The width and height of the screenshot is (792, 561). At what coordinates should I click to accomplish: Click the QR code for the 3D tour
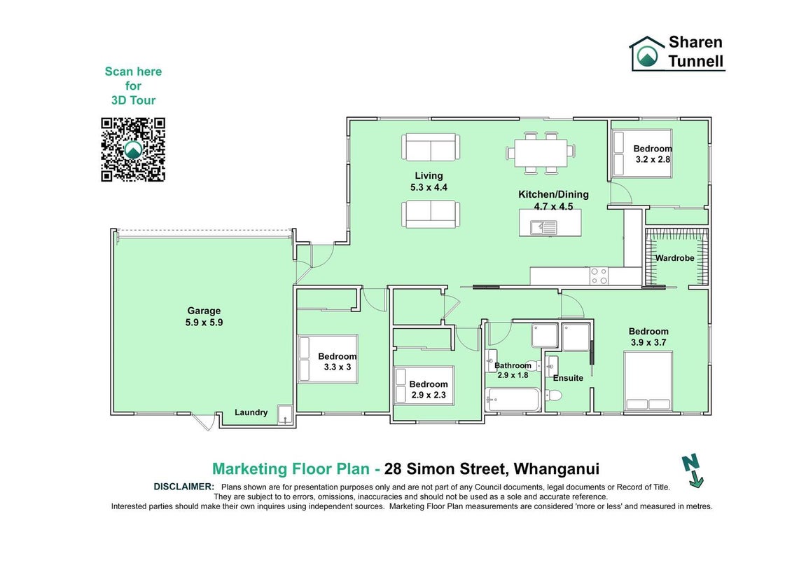click(x=133, y=149)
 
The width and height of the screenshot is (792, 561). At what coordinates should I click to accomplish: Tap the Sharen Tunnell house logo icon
click(x=646, y=53)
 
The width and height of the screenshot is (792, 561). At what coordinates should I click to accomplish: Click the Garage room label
click(x=204, y=311)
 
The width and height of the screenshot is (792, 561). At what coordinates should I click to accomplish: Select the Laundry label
click(x=251, y=412)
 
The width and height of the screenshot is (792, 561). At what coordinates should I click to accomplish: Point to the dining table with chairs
click(x=541, y=152)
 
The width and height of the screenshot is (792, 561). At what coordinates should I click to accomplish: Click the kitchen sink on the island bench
click(x=543, y=228)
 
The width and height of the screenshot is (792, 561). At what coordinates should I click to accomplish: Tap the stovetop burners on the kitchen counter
click(x=599, y=276)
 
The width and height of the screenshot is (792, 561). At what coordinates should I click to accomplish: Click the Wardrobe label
click(x=675, y=258)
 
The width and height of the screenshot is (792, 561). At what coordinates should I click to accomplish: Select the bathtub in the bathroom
click(x=513, y=400)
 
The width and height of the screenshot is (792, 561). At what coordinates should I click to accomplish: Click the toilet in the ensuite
click(x=554, y=395)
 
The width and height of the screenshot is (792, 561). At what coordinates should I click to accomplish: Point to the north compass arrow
click(x=693, y=471)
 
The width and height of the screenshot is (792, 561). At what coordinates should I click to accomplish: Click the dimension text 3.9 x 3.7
click(x=648, y=342)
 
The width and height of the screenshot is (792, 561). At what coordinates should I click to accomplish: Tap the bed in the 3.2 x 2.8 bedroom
click(x=642, y=154)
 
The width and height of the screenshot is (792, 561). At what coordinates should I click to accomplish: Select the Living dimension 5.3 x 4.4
click(x=429, y=187)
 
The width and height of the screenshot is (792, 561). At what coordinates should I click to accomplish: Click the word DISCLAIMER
click(x=184, y=487)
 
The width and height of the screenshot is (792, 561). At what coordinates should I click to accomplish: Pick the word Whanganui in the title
click(x=556, y=469)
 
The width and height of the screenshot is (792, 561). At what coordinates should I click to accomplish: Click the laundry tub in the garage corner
click(x=285, y=414)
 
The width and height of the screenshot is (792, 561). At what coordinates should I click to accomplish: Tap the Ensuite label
click(x=568, y=378)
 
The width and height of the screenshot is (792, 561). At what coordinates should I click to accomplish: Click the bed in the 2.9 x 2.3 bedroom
click(x=424, y=386)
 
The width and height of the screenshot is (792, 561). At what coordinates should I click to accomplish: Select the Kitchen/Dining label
click(x=554, y=194)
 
